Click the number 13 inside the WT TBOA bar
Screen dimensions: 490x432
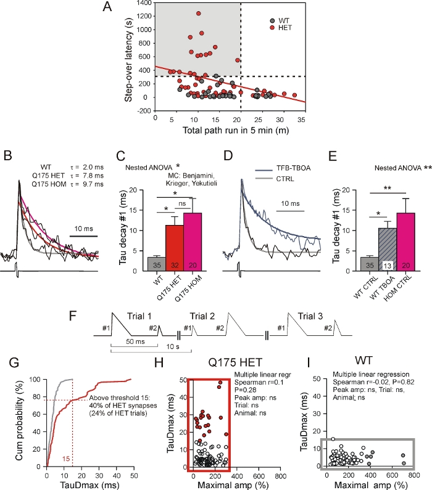coord(372,265)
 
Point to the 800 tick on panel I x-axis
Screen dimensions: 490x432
coord(413,476)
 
